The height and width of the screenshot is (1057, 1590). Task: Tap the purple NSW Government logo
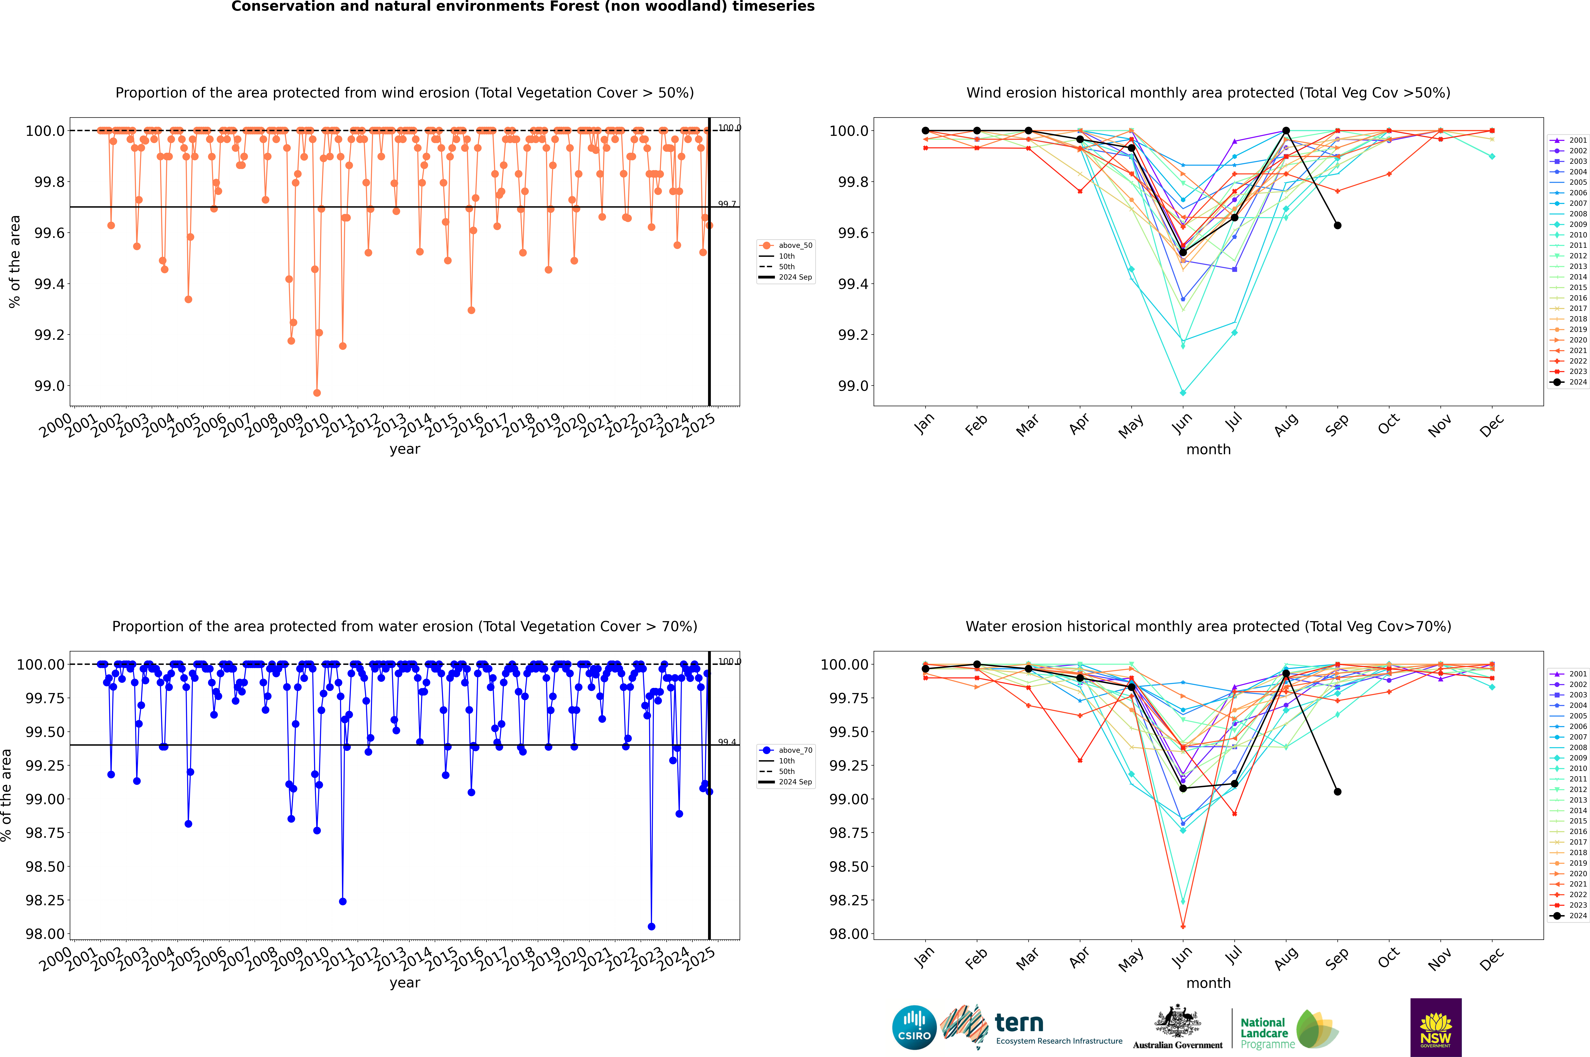pyautogui.click(x=1436, y=1027)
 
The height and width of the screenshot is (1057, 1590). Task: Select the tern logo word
pyautogui.click(x=1019, y=1023)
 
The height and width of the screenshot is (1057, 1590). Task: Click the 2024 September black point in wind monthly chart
pyautogui.click(x=1337, y=225)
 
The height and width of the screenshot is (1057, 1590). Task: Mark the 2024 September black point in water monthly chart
pyautogui.click(x=1337, y=791)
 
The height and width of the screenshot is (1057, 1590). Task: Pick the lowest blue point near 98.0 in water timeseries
pyautogui.click(x=651, y=926)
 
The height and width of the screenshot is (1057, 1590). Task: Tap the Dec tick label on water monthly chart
pyautogui.click(x=1491, y=957)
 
